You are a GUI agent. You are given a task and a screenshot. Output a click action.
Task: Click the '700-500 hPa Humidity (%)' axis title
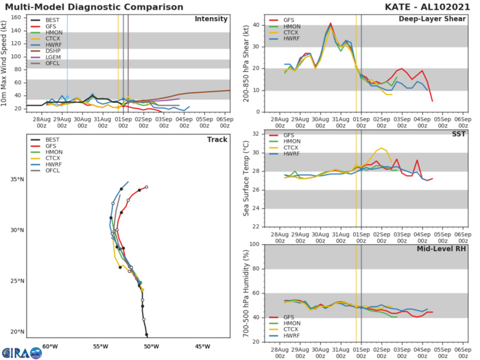245,293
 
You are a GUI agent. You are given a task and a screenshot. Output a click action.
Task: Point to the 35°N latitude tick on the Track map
14,180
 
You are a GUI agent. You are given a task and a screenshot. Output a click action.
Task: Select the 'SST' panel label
457,136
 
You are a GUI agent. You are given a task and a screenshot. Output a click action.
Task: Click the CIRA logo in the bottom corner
16,352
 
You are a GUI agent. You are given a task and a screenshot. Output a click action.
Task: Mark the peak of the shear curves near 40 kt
331,24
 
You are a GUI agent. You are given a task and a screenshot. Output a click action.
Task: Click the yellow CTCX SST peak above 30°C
381,148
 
